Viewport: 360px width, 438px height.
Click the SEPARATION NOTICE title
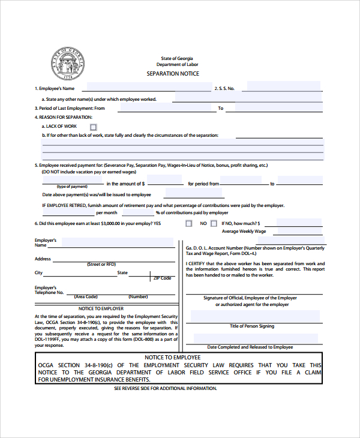coord(173,73)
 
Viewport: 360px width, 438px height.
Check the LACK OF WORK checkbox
coord(93,127)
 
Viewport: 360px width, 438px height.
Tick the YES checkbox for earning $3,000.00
coord(189,223)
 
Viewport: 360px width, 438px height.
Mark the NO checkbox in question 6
coord(213,223)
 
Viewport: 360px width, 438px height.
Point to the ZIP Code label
coord(162,278)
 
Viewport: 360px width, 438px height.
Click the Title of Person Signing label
coord(251,326)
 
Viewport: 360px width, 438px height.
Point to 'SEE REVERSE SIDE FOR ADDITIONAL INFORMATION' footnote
coord(165,389)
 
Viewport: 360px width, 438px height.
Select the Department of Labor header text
coord(177,64)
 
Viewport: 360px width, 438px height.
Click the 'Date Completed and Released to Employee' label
coord(250,347)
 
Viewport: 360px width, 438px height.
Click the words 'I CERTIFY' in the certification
coord(195,263)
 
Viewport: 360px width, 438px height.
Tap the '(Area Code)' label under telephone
coord(86,297)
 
